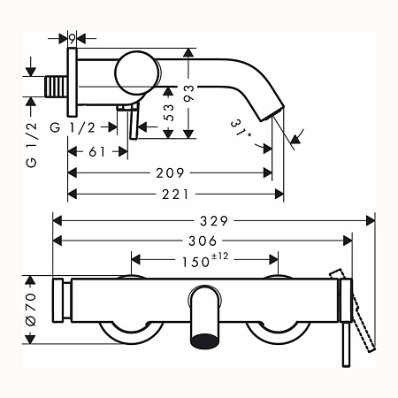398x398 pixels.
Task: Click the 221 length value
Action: [x=176, y=193]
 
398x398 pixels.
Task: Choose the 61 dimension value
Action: [x=97, y=151]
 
